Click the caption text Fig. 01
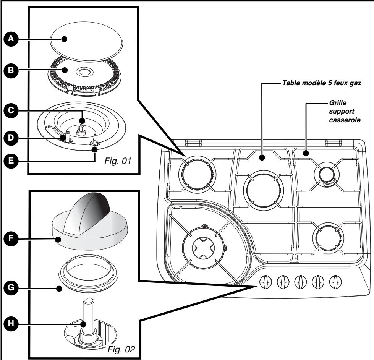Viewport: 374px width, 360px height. pos(117,161)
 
